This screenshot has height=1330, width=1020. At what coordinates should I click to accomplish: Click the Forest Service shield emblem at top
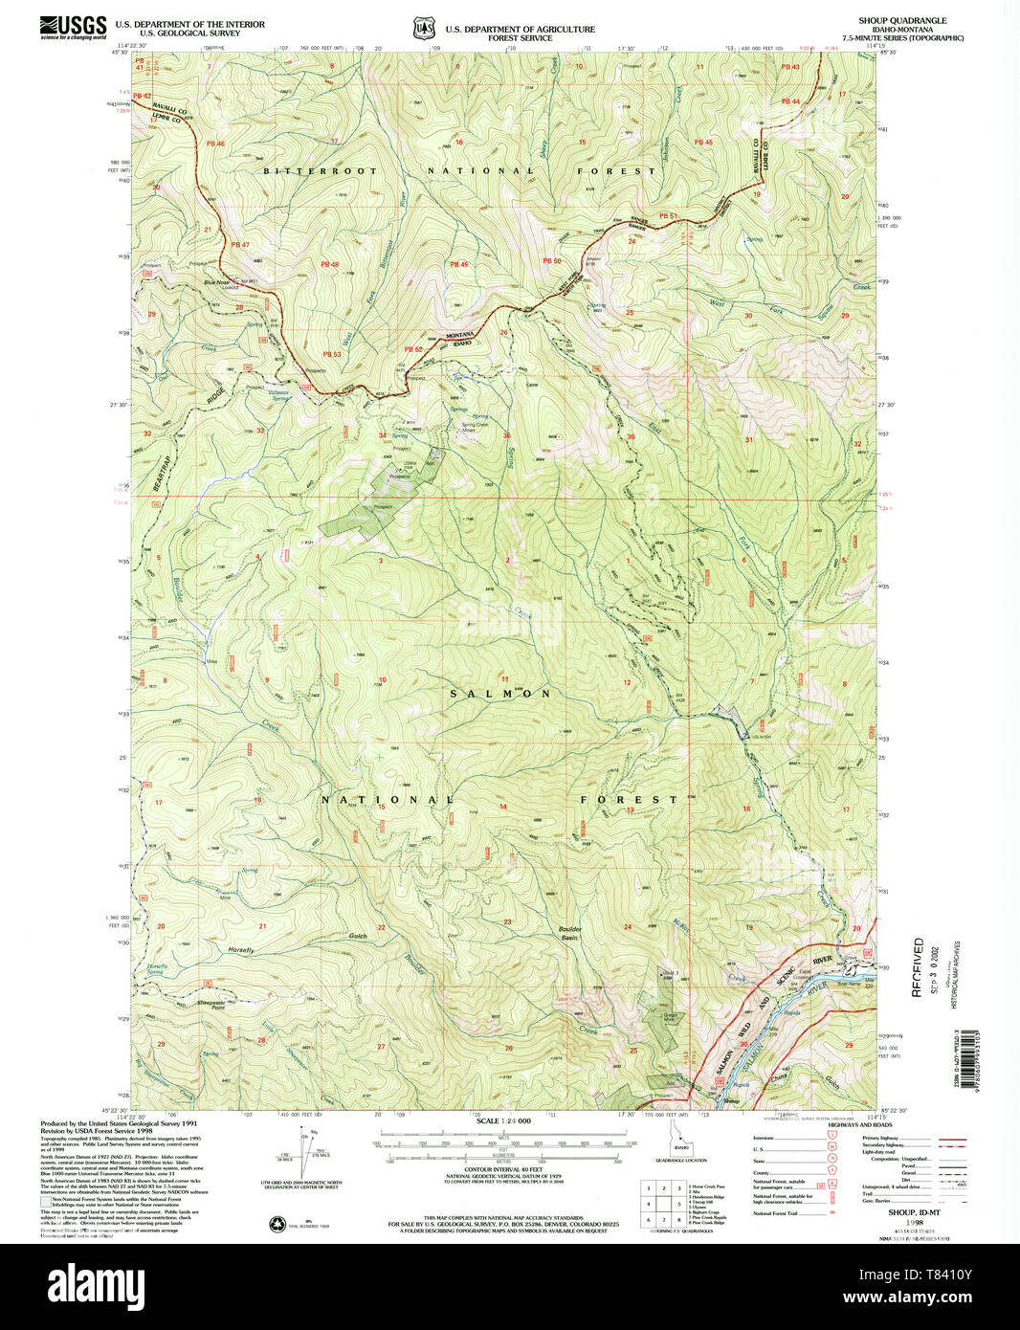[422, 29]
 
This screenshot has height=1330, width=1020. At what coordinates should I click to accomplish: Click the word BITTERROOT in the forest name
[307, 171]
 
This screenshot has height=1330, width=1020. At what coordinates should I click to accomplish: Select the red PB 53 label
[331, 354]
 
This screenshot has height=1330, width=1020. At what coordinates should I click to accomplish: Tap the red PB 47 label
[239, 245]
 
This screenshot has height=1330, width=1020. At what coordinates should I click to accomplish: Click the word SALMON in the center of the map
[500, 694]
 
